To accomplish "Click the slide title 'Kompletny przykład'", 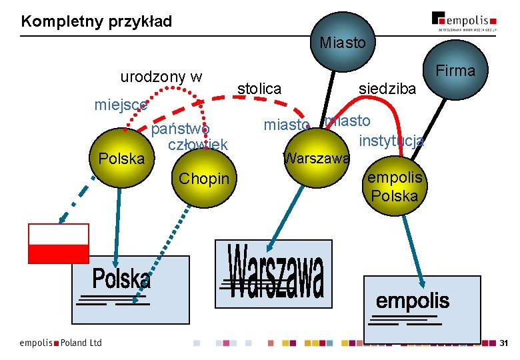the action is [x=97, y=21].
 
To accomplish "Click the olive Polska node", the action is [x=121, y=159].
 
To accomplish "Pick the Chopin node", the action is [x=203, y=178].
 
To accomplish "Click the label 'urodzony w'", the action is [x=161, y=77].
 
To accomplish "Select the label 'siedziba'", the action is [x=387, y=89].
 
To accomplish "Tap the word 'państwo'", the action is [x=181, y=128].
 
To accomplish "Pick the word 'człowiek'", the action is [x=198, y=145].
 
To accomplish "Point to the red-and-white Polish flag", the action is [x=58, y=243].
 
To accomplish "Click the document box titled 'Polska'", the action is [x=130, y=285].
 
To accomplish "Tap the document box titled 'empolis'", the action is [x=421, y=308].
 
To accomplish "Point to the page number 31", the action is [x=503, y=343].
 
